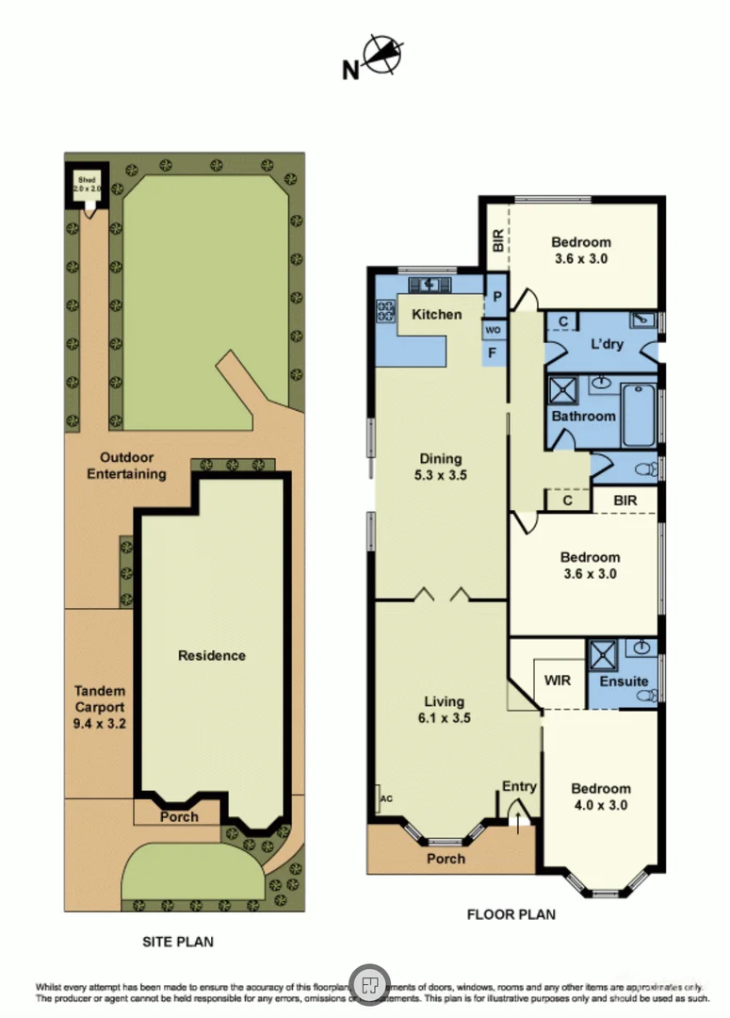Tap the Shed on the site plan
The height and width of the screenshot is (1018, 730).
click(87, 184)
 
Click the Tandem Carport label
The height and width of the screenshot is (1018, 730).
click(99, 708)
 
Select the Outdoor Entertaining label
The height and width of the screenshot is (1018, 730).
click(126, 466)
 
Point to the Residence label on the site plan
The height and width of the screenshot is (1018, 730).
click(212, 656)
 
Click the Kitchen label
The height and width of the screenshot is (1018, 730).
click(437, 314)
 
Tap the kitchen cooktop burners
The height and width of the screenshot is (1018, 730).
click(385, 309)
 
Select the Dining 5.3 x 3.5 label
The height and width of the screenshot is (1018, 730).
click(443, 468)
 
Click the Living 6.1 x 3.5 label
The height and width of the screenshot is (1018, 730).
click(444, 709)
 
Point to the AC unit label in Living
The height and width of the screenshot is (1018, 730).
click(384, 799)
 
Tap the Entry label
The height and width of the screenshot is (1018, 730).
click(519, 786)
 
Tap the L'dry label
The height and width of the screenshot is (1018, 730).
click(608, 344)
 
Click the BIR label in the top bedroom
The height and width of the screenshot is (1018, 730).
click(496, 242)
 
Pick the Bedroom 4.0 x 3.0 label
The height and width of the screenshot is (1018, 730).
click(601, 796)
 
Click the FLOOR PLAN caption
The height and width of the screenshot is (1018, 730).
click(511, 914)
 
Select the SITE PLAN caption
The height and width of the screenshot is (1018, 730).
click(177, 941)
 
